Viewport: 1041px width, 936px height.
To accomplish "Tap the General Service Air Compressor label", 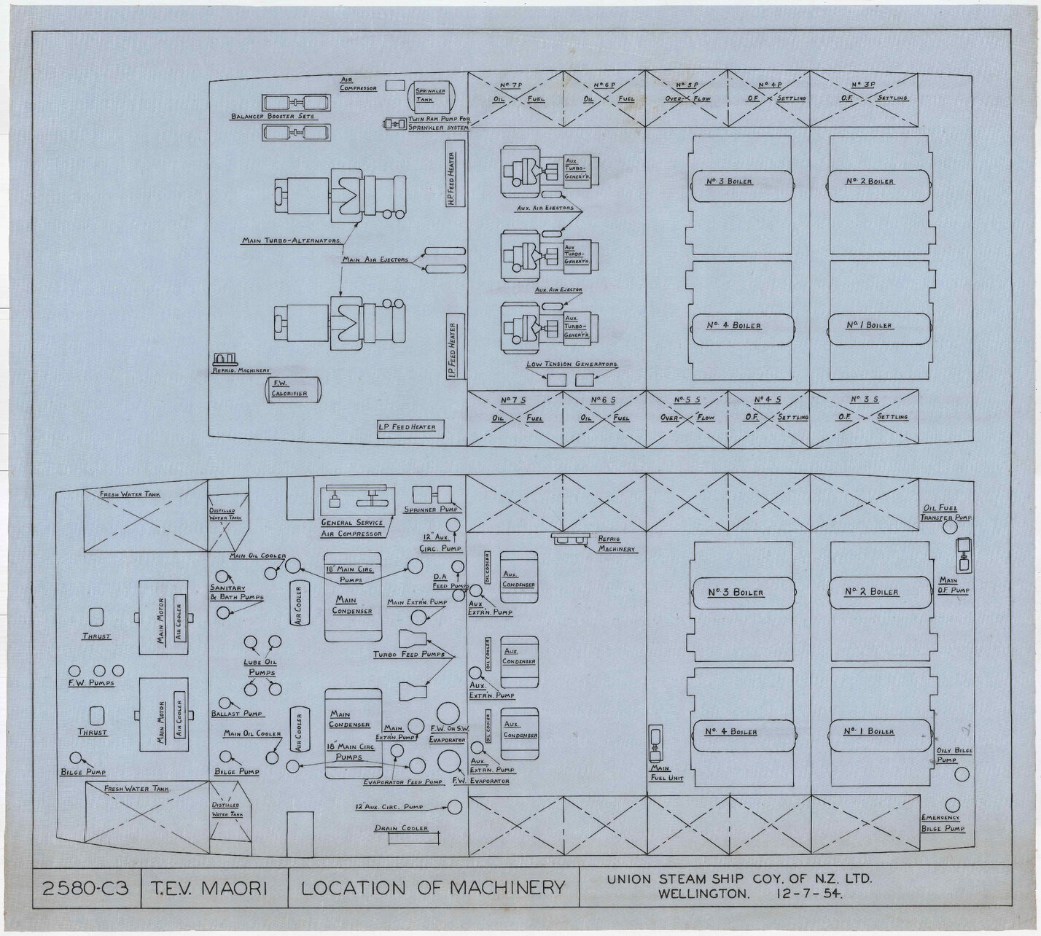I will pos(352,529).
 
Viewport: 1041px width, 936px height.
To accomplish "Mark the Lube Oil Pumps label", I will pos(260,668).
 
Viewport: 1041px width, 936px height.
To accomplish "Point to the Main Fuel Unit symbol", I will pos(655,742).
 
